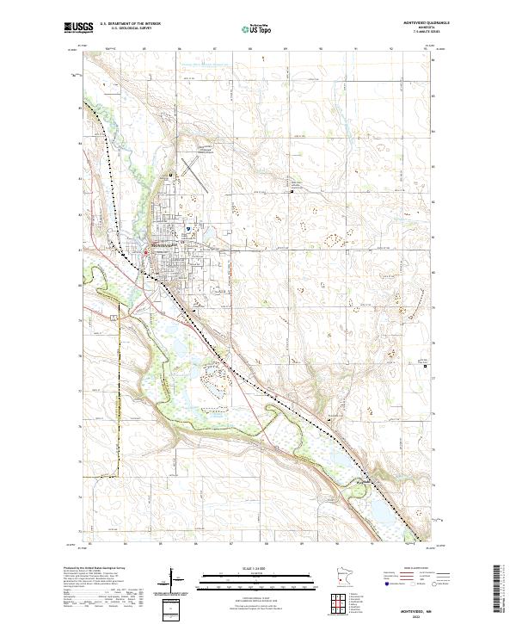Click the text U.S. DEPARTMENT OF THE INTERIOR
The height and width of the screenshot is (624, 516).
click(129, 25)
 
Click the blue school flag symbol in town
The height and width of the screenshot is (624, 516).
click(188, 229)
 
